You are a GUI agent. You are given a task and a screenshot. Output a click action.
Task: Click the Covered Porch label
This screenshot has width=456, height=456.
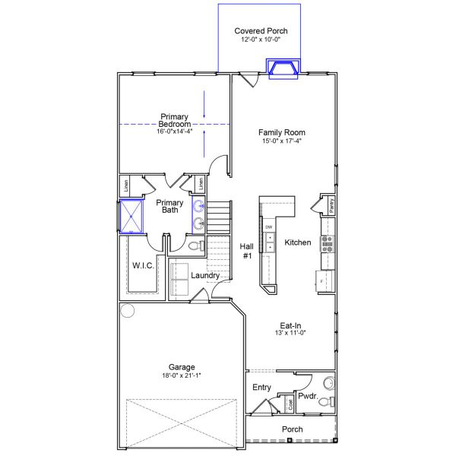click(261, 31)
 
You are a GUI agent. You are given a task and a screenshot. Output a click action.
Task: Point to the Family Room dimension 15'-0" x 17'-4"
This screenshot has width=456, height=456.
click(276, 140)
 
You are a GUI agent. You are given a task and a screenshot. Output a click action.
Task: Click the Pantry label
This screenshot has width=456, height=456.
click(331, 204)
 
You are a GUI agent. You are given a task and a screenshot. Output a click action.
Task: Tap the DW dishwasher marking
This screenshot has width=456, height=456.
click(269, 226)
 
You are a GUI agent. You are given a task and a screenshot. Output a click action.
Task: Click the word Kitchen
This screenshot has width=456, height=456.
click(298, 242)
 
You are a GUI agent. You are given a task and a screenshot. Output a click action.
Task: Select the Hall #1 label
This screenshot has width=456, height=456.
click(247, 252)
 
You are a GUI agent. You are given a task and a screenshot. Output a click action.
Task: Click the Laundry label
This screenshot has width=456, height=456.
click(206, 275)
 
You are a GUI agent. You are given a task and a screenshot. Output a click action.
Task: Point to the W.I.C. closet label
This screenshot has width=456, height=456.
click(144, 265)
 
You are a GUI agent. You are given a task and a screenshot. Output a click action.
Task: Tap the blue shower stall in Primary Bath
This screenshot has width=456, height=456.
click(133, 216)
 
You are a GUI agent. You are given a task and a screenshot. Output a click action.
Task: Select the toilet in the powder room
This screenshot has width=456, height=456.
click(325, 401)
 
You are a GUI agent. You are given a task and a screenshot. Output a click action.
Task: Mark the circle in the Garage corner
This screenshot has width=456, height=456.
click(127, 310)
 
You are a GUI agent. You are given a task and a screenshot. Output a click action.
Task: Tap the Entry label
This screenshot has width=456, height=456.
click(261, 388)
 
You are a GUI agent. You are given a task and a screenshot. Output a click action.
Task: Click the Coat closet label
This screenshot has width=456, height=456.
click(290, 404)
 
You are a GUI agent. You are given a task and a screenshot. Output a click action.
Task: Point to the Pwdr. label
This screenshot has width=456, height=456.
click(308, 396)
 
